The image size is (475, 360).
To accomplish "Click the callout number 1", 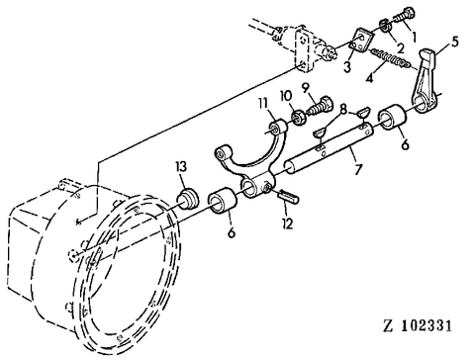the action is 413,37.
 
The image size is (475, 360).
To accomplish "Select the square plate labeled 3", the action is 360,41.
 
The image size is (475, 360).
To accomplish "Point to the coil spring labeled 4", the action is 391,58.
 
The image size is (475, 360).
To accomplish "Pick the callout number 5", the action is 455,43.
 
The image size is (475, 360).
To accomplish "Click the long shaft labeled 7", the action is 330,147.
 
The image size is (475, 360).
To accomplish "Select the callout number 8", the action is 343,110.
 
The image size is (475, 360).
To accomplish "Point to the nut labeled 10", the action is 298,119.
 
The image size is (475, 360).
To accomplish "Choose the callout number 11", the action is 262,104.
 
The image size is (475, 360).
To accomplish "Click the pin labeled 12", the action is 288,197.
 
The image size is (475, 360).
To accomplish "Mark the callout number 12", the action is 288,224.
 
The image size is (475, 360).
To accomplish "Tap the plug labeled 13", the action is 187,199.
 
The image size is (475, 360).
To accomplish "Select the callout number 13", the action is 181,167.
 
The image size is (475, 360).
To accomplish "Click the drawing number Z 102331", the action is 417,326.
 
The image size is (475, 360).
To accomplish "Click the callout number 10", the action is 286,96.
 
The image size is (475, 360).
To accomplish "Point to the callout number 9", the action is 306,88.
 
